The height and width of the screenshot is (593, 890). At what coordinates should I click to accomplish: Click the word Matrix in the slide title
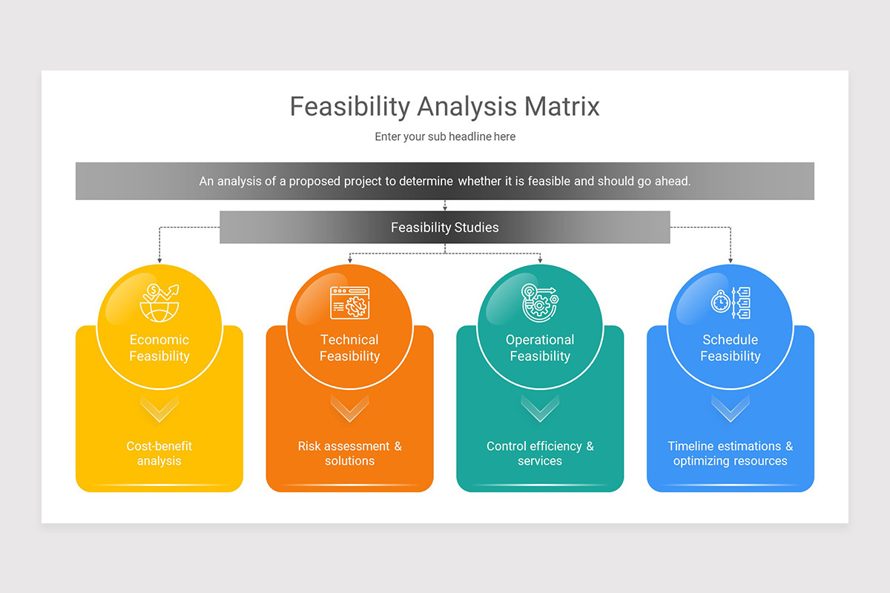pyautogui.click(x=561, y=107)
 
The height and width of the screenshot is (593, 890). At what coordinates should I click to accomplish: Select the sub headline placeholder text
pyautogui.click(x=445, y=136)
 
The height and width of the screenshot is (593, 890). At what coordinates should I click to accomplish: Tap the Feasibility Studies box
pyautogui.click(x=445, y=228)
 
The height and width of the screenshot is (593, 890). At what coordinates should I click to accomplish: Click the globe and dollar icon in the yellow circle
pyautogui.click(x=159, y=302)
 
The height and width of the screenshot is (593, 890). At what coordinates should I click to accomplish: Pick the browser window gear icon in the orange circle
pyautogui.click(x=350, y=302)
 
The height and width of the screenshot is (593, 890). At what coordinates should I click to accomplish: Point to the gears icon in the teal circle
pyautogui.click(x=540, y=302)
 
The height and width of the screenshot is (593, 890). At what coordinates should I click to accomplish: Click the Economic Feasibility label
pyautogui.click(x=159, y=348)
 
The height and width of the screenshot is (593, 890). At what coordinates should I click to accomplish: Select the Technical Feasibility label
pyautogui.click(x=349, y=348)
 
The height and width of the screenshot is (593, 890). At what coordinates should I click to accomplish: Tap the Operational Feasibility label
pyautogui.click(x=540, y=348)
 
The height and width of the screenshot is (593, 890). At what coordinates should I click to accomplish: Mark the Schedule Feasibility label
pyautogui.click(x=731, y=348)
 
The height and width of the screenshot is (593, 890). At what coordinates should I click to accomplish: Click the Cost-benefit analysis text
pyautogui.click(x=159, y=454)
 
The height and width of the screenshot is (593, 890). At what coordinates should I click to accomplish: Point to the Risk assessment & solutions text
pyautogui.click(x=349, y=454)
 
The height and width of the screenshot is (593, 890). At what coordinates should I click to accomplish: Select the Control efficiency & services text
pyautogui.click(x=540, y=454)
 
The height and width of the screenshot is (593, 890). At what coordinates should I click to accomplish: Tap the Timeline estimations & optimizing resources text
pyautogui.click(x=731, y=454)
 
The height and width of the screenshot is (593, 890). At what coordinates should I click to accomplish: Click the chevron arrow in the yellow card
pyautogui.click(x=159, y=408)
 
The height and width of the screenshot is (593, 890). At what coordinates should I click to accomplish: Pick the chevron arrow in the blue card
pyautogui.click(x=731, y=408)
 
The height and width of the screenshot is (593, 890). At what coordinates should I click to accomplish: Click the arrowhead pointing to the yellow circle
pyautogui.click(x=159, y=261)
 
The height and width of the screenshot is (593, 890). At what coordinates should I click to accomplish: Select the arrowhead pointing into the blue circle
pyautogui.click(x=731, y=261)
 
